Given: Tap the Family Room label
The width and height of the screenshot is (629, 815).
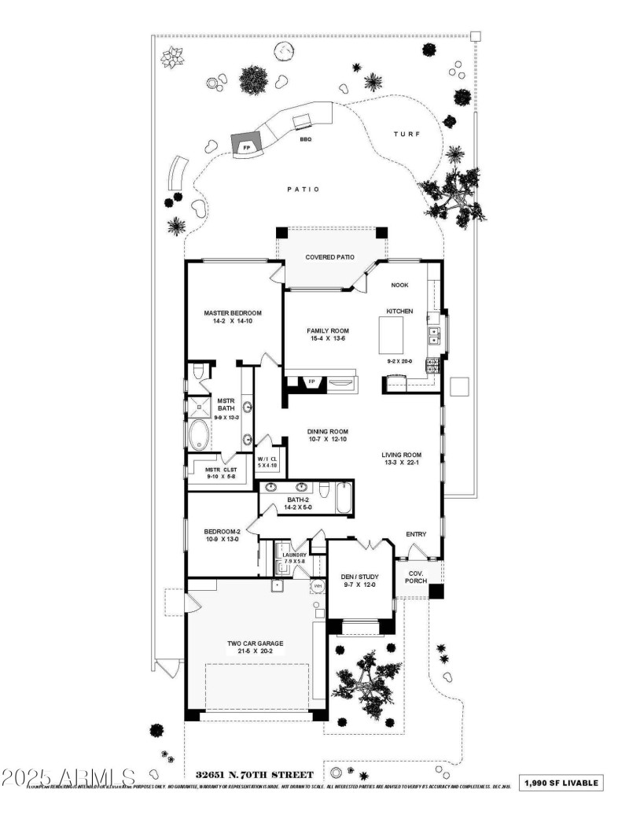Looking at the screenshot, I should click(328, 330).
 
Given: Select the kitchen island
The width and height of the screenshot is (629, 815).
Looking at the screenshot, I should click(397, 335).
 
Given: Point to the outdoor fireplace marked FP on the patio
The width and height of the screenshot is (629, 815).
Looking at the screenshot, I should click(246, 146).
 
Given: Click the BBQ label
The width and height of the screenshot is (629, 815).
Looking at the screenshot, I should click(305, 139).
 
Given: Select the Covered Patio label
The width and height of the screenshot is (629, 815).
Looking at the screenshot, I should click(329, 256).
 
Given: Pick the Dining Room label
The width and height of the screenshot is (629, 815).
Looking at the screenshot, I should click(328, 431).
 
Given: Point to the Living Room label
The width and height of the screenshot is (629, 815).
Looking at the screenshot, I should click(402, 454).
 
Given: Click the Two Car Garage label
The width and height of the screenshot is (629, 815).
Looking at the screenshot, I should click(256, 643).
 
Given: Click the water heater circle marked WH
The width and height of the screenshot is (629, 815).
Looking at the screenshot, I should click(318, 587).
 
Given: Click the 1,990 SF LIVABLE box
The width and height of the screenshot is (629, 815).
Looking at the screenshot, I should click(563, 783).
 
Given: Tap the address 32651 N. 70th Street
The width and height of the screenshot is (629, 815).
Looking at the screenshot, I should click(249, 775).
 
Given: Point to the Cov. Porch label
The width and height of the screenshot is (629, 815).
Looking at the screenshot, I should click(415, 577).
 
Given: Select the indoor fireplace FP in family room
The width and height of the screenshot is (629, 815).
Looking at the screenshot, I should click(311, 382).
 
